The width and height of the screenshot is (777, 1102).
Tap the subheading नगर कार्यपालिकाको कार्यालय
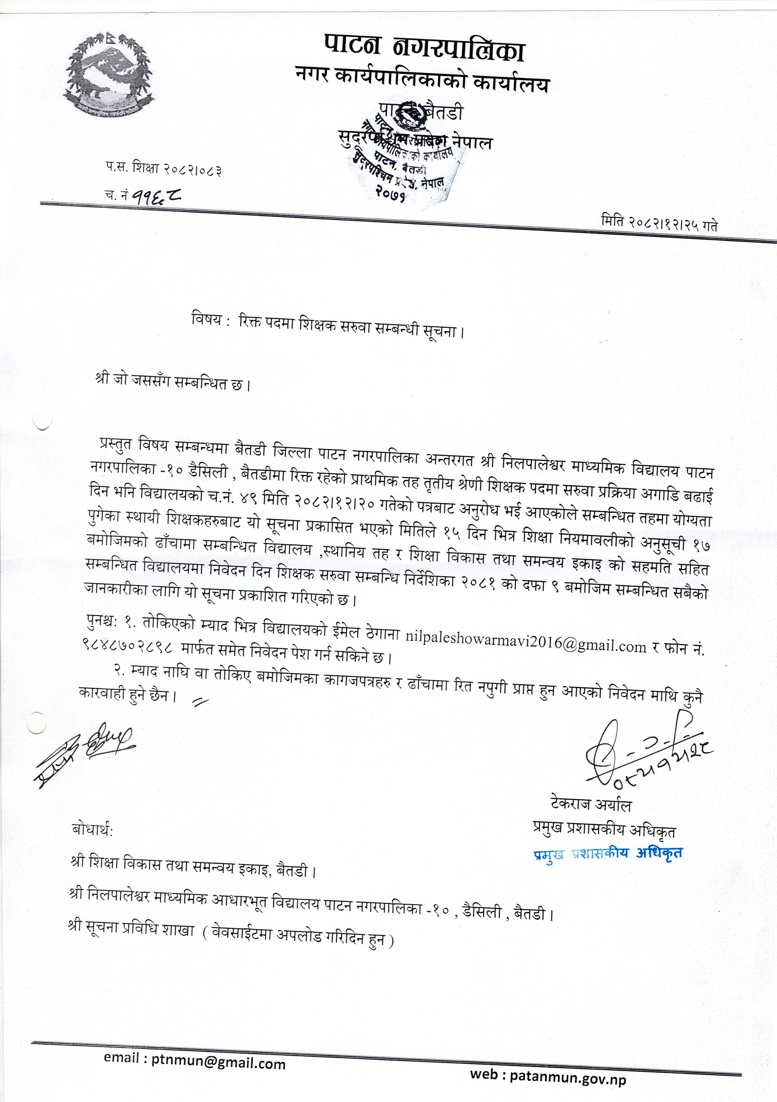coord(422,82)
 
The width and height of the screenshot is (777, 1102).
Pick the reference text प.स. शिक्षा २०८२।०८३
coord(163,169)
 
